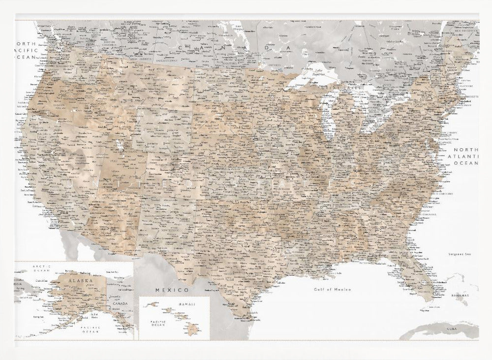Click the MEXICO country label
click(171, 291)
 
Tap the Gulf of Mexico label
click(333, 290)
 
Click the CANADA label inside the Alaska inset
click(121, 304)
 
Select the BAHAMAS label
click(460, 296)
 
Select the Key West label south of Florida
click(423, 311)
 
